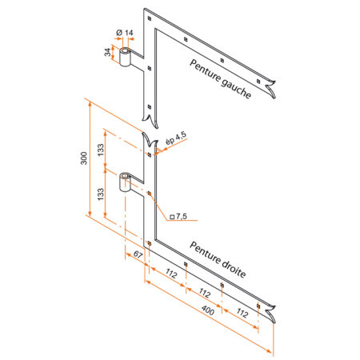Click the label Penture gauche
click(220, 78)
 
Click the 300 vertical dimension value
click(84, 159)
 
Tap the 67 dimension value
click(138, 255)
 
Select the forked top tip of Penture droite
click(149, 137)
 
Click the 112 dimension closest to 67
click(170, 274)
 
